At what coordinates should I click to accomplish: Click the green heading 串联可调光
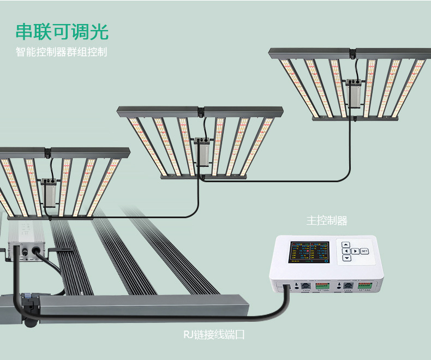pyautogui.click(x=62, y=32)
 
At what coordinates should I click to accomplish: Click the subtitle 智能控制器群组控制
pyautogui.click(x=61, y=53)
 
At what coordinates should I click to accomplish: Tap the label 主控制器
pyautogui.click(x=327, y=220)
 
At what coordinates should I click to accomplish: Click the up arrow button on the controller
pyautogui.click(x=346, y=244)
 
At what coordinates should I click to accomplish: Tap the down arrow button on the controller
pyautogui.click(x=346, y=258)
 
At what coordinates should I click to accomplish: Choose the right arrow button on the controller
pyautogui.click(x=355, y=251)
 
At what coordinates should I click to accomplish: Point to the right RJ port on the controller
pyautogui.click(x=347, y=285)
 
